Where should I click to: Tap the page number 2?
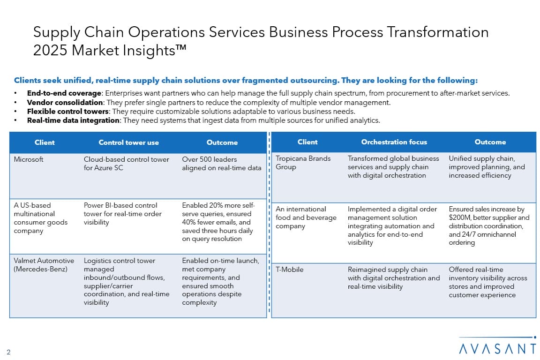(8, 352)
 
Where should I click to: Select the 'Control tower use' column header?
(128, 142)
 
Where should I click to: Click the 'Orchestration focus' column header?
(394, 142)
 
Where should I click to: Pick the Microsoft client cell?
(29, 159)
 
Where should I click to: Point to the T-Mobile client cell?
(289, 270)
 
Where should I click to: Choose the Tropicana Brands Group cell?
(303, 163)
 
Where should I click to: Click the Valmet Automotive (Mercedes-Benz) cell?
(44, 264)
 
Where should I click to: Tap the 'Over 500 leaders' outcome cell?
(221, 164)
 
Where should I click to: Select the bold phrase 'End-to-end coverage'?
(64, 93)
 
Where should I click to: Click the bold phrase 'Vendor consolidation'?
(65, 102)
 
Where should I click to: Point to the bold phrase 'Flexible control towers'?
(68, 111)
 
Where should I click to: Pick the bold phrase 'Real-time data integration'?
(73, 120)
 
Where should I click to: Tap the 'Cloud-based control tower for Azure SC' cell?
(127, 164)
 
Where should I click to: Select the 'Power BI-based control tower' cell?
(123, 214)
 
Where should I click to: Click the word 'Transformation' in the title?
(438, 32)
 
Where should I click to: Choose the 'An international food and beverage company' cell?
(306, 217)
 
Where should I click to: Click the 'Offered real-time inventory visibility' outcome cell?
(487, 282)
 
